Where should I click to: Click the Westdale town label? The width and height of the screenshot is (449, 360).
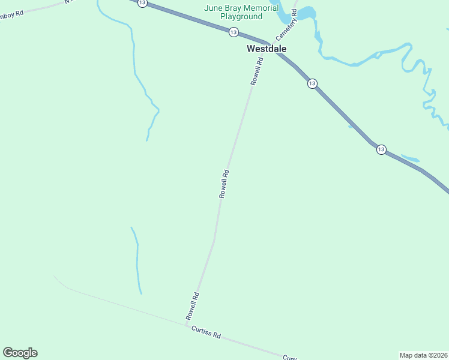tap(267, 49)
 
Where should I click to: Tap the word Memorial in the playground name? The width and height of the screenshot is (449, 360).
tap(259, 8)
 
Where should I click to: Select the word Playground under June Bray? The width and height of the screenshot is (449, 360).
tap(241, 17)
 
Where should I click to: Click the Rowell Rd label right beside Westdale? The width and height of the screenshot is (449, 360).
tap(258, 71)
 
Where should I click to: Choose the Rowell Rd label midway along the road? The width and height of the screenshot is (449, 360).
tap(224, 184)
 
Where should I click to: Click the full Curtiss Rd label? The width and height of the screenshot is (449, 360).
tap(206, 332)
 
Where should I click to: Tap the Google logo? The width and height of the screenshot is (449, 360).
tap(20, 353)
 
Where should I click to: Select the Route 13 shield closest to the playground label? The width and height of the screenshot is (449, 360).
tap(233, 32)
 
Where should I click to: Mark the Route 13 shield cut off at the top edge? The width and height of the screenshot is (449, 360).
tap(142, 3)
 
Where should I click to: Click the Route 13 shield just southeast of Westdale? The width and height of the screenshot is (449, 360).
tap(312, 83)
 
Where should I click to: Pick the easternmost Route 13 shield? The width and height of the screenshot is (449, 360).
tap(381, 149)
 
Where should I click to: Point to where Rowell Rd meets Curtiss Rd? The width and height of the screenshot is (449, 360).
tap(185, 326)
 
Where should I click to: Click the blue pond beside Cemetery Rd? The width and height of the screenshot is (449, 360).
tap(306, 13)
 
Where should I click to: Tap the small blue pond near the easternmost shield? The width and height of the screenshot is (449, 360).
tap(410, 159)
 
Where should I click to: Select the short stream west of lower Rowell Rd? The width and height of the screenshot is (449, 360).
tap(137, 260)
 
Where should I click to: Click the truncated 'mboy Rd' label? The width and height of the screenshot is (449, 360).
tap(12, 13)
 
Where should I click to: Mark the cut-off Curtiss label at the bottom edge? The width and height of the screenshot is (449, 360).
tap(290, 357)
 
